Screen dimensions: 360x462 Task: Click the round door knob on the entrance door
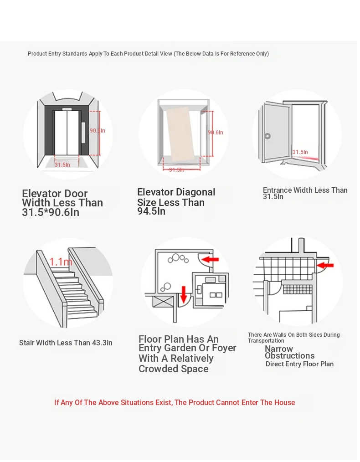pos(267,136)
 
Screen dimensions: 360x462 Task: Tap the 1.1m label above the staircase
pos(61,262)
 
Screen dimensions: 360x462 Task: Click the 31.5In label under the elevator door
pos(62,164)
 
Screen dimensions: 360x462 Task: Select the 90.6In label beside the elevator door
pos(97,130)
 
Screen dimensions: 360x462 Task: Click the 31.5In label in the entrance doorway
pos(300,152)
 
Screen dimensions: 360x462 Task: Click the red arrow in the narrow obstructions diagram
pos(325,265)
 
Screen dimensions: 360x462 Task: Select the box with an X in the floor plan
pos(163,302)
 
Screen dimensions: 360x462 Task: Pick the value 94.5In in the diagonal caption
pos(151,211)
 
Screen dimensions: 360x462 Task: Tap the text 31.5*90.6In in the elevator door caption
pos(51,212)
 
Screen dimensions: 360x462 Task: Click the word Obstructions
pos(289,356)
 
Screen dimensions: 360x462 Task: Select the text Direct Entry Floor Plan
pos(299,364)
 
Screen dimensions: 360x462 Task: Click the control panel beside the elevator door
pos(83,132)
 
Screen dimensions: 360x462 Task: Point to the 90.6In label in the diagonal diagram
pos(216,132)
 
